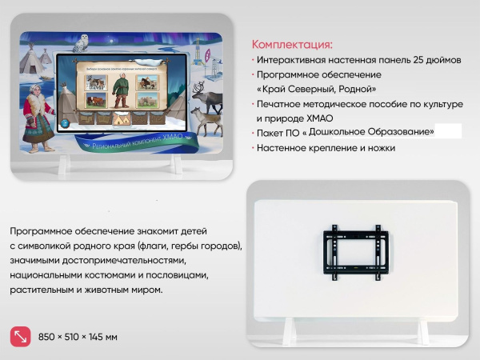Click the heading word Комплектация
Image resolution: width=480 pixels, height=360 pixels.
click(x=291, y=45)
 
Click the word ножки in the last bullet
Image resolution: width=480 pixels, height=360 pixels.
click(x=379, y=148)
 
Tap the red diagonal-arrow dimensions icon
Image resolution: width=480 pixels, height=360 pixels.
click(x=20, y=337)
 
